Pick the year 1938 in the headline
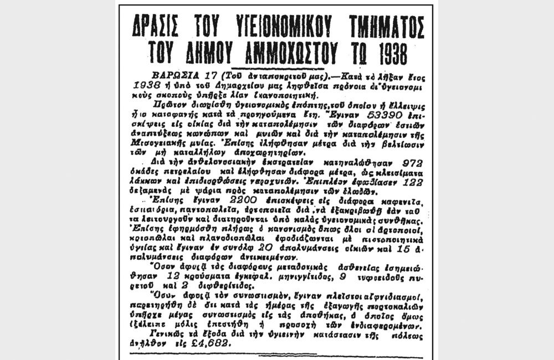(386, 53)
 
